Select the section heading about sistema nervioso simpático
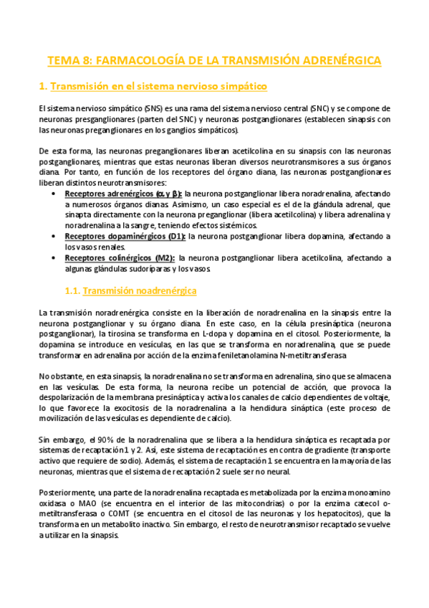[x=152, y=87]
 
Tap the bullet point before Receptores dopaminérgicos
[x=57, y=237]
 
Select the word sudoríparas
[x=144, y=269]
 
